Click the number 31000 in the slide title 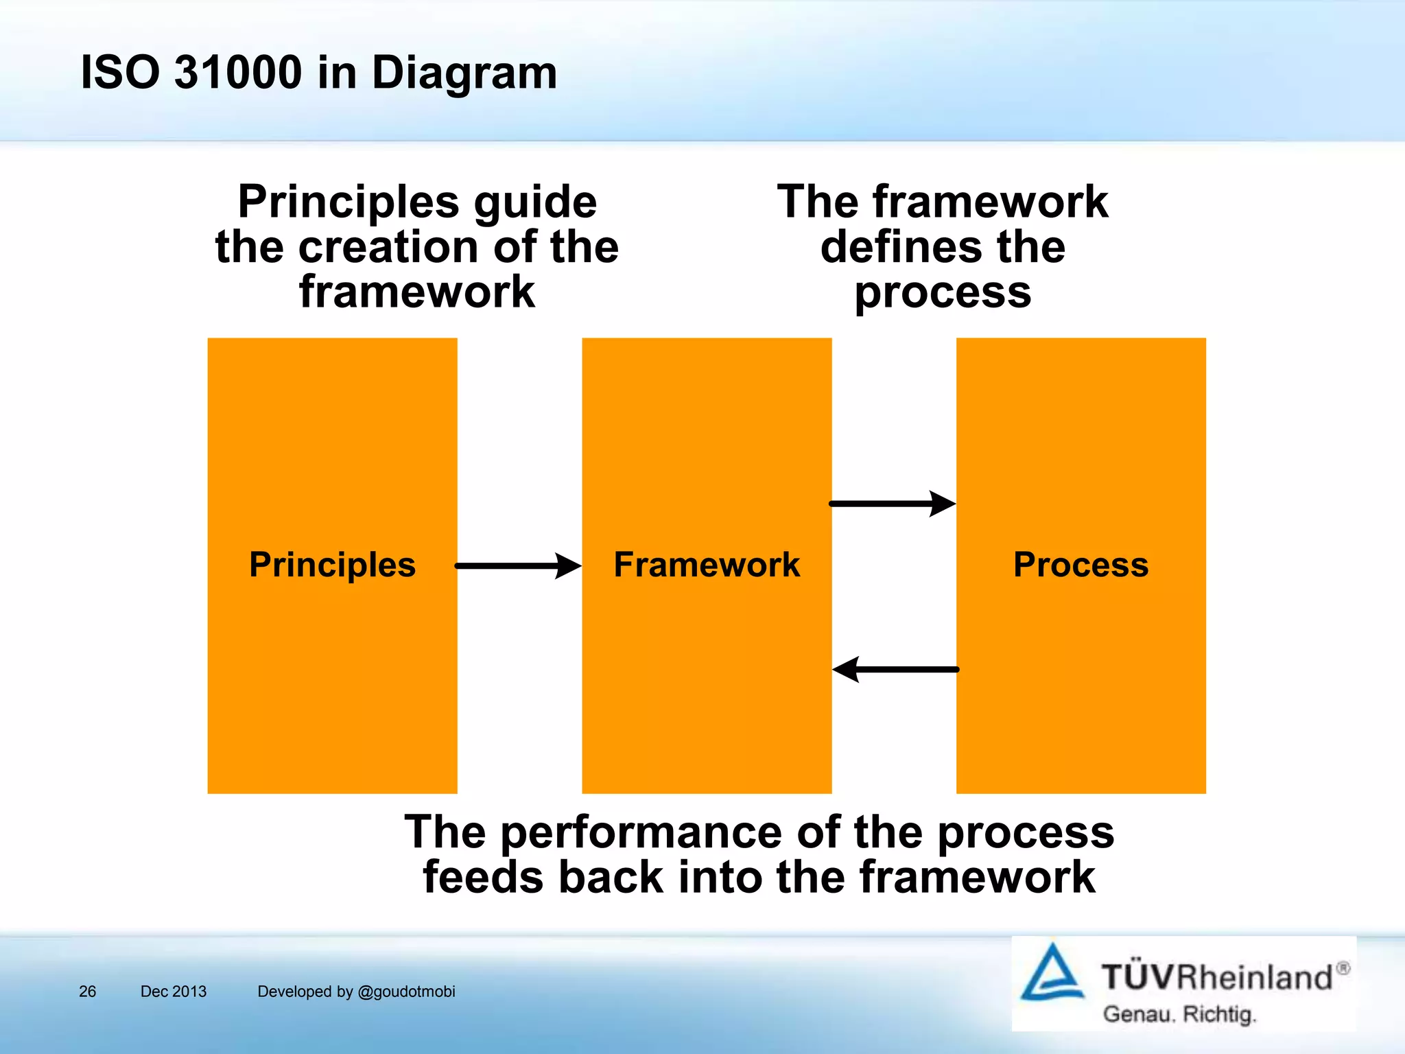pos(237,72)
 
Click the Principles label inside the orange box pos(332,565)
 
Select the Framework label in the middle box pos(706,565)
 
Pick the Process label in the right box pos(1081,565)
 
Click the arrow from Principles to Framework pos(518,566)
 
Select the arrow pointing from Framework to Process pos(892,504)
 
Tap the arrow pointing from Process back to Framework pos(895,669)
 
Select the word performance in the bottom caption pos(641,832)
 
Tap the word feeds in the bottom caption pos(484,878)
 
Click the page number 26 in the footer pos(87,992)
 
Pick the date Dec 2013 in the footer pos(173,992)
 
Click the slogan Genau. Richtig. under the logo pos(1179,1014)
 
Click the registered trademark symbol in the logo pos(1343,968)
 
